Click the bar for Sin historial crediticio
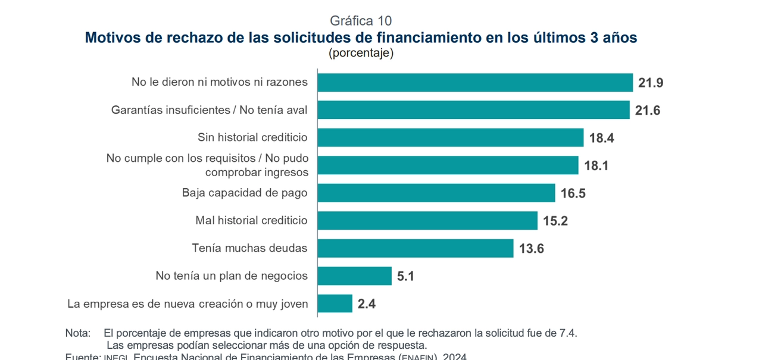[x=450, y=137]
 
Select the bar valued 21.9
[x=474, y=83]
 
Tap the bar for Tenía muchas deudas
[x=415, y=248]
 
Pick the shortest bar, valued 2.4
[x=335, y=303]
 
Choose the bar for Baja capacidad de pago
[x=436, y=193]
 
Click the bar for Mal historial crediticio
[x=427, y=221]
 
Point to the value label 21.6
[x=648, y=110]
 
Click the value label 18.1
[x=596, y=165]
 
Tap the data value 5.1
[x=405, y=276]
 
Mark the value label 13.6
[x=531, y=249]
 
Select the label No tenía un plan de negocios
[x=232, y=276]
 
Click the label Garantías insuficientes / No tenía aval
[x=210, y=110]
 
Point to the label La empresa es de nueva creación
[x=188, y=304]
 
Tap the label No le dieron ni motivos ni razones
[x=220, y=82]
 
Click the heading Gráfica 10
[x=361, y=21]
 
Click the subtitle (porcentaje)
[x=361, y=53]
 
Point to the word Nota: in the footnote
[x=78, y=333]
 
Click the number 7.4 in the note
[x=568, y=333]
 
